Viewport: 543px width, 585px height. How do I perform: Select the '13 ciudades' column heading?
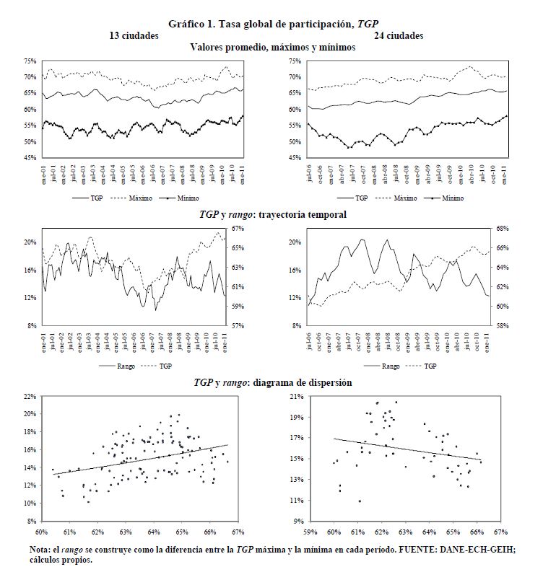click(x=134, y=35)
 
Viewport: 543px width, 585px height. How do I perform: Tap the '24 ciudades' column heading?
click(x=399, y=35)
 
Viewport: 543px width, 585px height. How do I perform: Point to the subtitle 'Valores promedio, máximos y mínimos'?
click(x=272, y=48)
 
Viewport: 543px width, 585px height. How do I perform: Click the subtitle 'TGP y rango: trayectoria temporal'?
click(x=272, y=214)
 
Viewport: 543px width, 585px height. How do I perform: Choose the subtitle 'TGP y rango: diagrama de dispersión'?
click(x=272, y=382)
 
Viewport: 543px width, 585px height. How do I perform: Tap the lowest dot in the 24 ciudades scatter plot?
click(x=359, y=501)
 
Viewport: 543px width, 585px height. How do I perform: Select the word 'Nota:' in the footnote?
click(x=40, y=550)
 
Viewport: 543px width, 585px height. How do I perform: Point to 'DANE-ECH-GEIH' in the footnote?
click(x=441, y=550)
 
